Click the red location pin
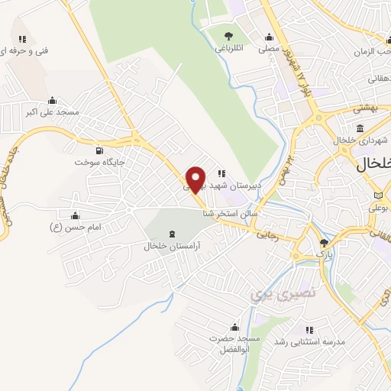point(196,179)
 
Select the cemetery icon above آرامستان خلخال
point(170,233)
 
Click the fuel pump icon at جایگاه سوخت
point(100,150)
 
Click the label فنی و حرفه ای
point(24,50)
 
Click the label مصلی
point(268,48)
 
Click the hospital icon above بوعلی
point(376,194)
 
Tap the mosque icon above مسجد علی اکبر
point(52,99)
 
